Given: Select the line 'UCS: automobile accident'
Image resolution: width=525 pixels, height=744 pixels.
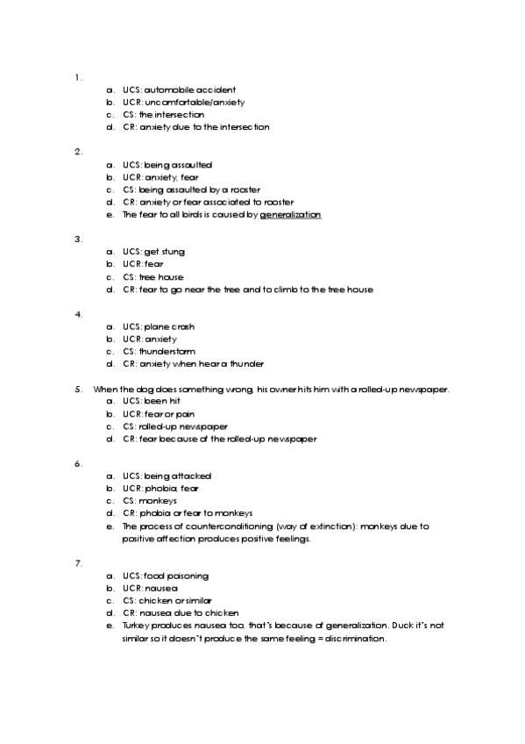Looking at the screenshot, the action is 179,89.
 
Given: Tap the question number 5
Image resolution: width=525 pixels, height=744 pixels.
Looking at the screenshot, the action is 79,389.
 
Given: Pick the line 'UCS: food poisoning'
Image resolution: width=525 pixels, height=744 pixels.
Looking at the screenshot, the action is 166,576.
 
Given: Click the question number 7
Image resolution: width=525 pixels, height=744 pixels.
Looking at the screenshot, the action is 79,562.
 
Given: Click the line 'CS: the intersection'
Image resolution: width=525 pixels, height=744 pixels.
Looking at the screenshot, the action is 164,114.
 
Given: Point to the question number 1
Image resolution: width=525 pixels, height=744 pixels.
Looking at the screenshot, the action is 79,77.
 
